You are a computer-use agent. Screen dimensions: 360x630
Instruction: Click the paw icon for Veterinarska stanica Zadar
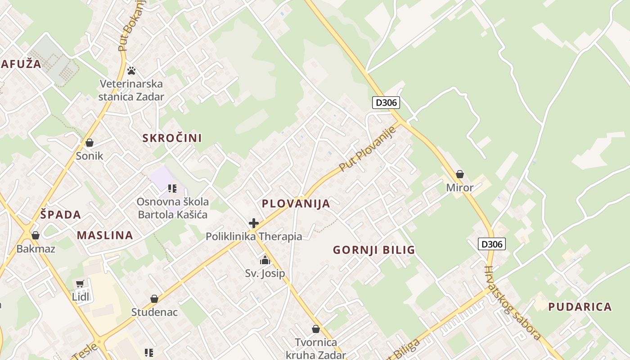(x=131, y=71)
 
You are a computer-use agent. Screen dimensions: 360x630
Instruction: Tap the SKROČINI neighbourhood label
(x=172, y=138)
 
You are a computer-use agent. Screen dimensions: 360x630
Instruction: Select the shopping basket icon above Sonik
(x=90, y=143)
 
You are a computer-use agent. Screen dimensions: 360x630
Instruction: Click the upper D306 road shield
(x=386, y=103)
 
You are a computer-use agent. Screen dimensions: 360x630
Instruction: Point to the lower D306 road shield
(x=491, y=244)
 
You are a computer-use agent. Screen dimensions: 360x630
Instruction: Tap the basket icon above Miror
(x=460, y=174)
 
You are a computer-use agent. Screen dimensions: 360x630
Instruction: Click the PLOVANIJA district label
(x=296, y=203)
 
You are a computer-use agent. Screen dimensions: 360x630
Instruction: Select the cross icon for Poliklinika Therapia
(x=254, y=223)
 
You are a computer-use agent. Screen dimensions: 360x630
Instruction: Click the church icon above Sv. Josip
(x=265, y=260)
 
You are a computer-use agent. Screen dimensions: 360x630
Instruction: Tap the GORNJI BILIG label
(x=374, y=250)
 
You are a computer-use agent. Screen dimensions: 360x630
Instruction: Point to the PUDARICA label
(x=580, y=307)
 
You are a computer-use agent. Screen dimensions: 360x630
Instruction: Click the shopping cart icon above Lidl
(x=80, y=283)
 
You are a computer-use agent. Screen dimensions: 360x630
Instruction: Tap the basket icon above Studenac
(x=154, y=299)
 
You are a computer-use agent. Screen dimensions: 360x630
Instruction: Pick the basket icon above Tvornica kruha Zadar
(x=315, y=329)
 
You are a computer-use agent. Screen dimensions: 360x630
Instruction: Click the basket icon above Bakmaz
(x=36, y=235)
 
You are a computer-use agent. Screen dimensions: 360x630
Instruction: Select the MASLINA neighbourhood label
(x=105, y=235)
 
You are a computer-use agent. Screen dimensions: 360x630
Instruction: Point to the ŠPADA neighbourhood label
(x=61, y=215)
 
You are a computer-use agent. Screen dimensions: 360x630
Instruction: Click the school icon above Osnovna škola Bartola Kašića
(x=172, y=188)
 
